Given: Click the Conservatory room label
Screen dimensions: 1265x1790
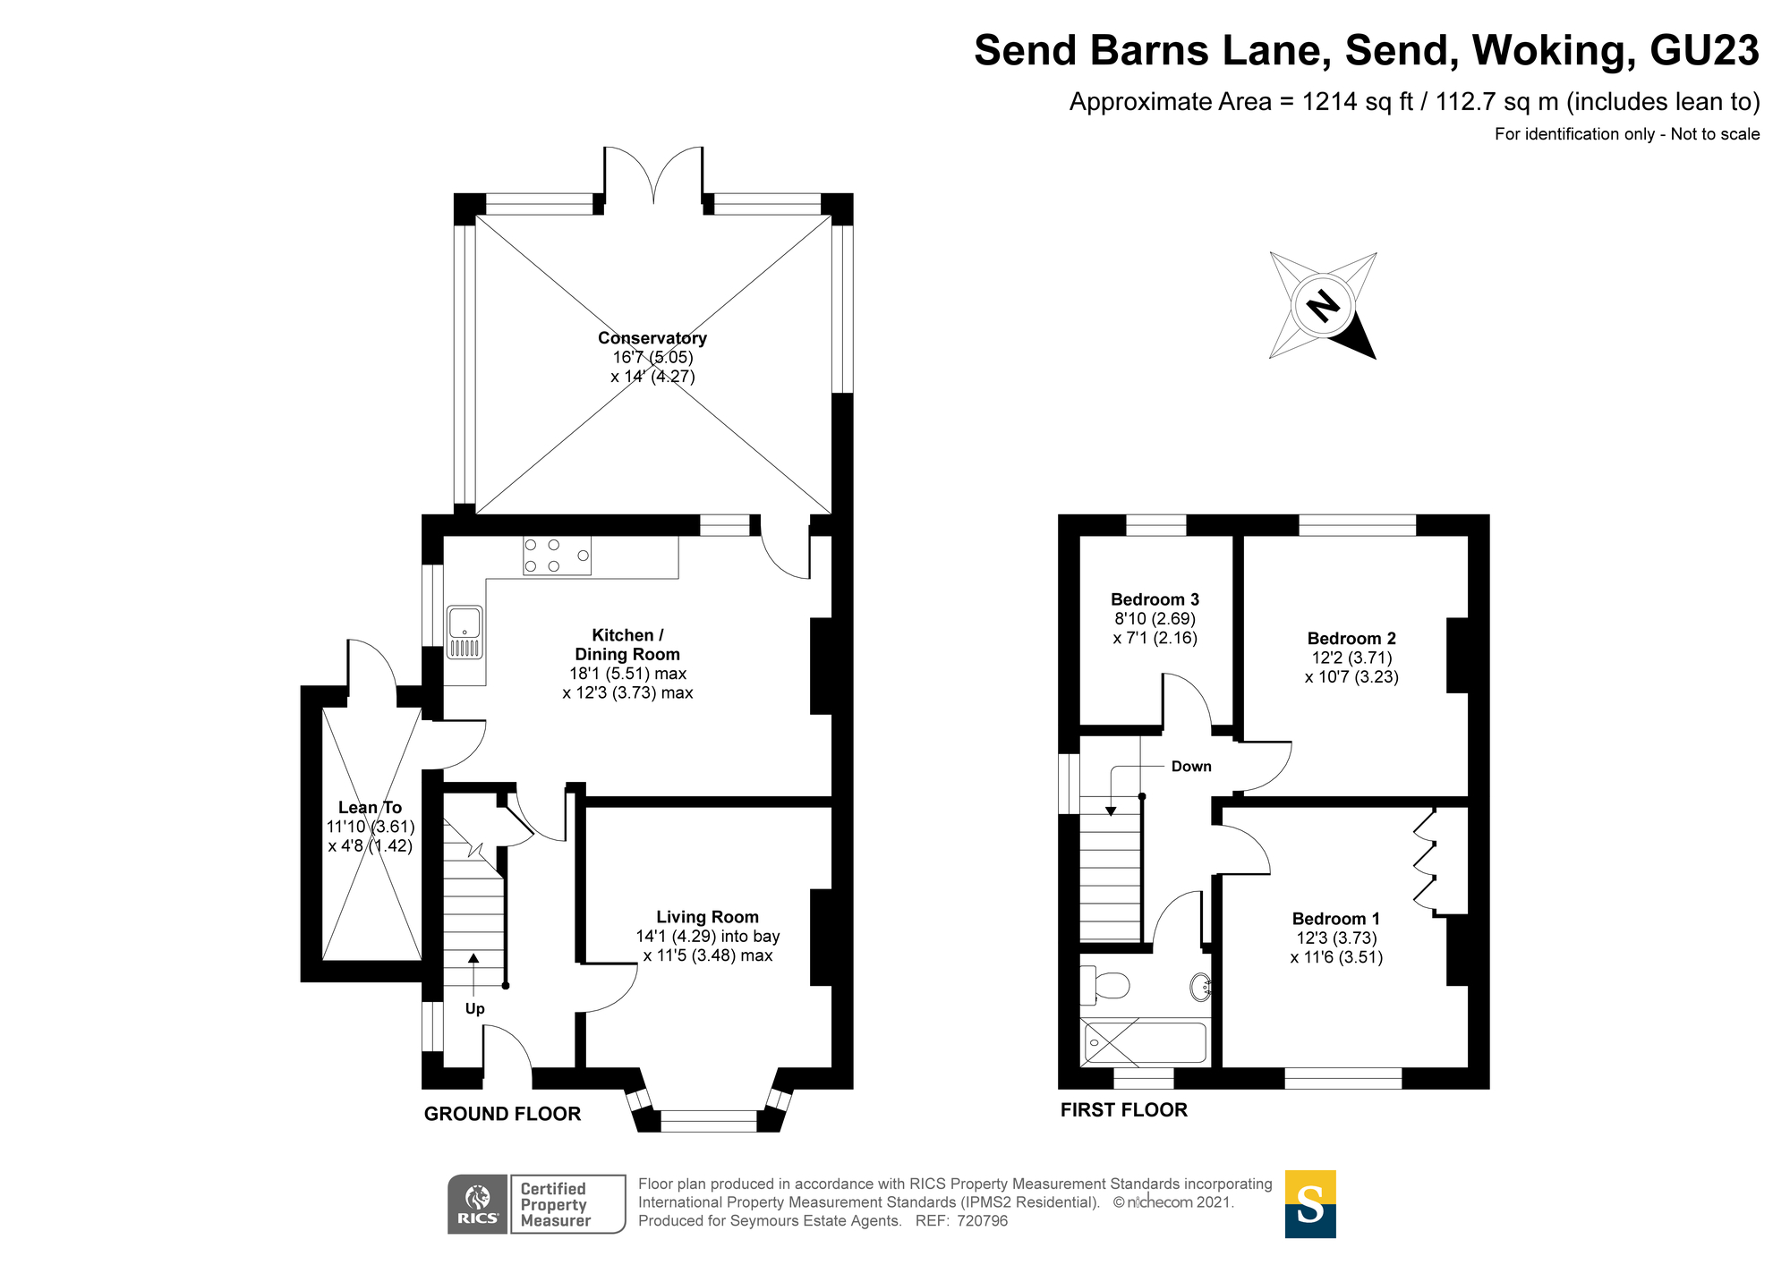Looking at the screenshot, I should (652, 338).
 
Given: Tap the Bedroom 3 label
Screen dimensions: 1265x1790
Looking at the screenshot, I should (1155, 599).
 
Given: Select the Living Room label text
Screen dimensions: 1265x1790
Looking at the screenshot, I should (707, 917).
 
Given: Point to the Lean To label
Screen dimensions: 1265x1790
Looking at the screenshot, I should (370, 808).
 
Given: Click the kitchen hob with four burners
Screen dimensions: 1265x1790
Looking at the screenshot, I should (557, 556).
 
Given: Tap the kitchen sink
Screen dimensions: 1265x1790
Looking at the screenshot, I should (465, 632).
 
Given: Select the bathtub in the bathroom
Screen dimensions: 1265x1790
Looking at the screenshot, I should (1145, 1043).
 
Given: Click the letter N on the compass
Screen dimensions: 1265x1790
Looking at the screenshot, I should (1323, 306).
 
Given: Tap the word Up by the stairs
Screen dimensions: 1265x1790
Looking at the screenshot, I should (474, 1009).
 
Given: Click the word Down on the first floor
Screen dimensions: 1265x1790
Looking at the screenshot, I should (1191, 767).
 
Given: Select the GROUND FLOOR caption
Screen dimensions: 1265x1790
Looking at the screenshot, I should (502, 1114).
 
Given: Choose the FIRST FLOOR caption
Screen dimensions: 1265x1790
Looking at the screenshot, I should (1123, 1110).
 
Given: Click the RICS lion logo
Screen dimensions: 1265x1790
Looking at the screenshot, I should (478, 1204).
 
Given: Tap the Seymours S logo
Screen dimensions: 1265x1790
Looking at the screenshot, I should (1310, 1204).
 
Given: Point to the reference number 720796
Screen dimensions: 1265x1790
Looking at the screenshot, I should (982, 1221).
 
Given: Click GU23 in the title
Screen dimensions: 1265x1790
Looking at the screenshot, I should (1704, 50).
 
